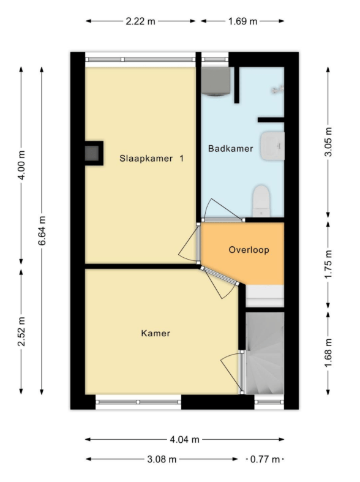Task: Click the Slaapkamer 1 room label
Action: pyautogui.click(x=151, y=159)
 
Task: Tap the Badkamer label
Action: pyautogui.click(x=231, y=148)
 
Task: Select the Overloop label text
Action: pyautogui.click(x=249, y=250)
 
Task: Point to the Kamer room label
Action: pyautogui.click(x=156, y=333)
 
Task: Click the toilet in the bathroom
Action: pyautogui.click(x=261, y=201)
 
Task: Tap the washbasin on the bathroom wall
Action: pyautogui.click(x=273, y=146)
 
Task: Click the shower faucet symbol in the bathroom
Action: pyautogui.click(x=278, y=90)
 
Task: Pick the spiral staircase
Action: pyautogui.click(x=264, y=353)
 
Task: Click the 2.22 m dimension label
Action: pyautogui.click(x=140, y=21)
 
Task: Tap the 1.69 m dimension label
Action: pyautogui.click(x=242, y=21)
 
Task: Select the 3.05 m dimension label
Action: pyautogui.click(x=328, y=141)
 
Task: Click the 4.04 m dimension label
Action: pyautogui.click(x=185, y=440)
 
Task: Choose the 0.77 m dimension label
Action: pyautogui.click(x=265, y=459)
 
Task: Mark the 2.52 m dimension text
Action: pyautogui.click(x=21, y=331)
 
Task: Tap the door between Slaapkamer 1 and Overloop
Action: pyautogui.click(x=189, y=243)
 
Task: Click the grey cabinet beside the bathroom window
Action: pyautogui.click(x=216, y=81)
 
